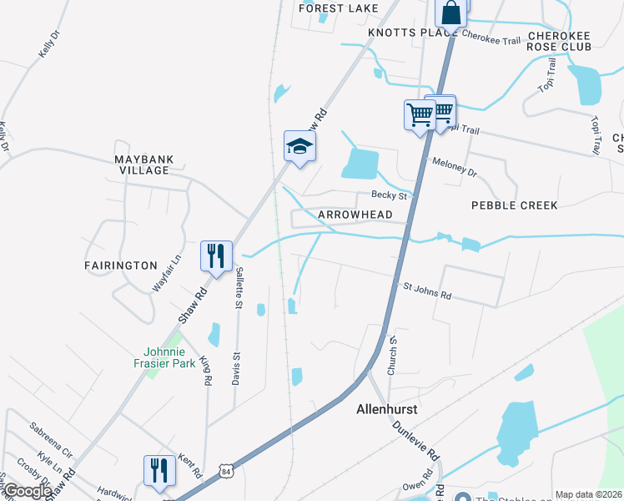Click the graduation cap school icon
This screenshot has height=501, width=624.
click(x=299, y=147)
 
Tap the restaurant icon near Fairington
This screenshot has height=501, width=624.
click(x=216, y=256)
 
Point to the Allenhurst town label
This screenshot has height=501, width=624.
click(x=385, y=411)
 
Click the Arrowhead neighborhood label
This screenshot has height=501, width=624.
click(x=355, y=215)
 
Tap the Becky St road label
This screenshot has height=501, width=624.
click(x=389, y=196)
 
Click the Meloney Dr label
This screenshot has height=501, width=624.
click(x=454, y=167)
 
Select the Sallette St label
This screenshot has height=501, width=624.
click(x=239, y=287)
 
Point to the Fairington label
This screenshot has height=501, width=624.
click(x=121, y=266)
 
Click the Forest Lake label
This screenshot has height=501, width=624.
click(x=338, y=8)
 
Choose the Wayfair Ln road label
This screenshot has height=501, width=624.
click(x=167, y=272)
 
